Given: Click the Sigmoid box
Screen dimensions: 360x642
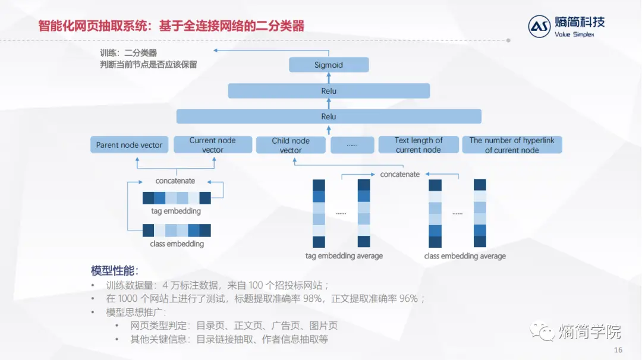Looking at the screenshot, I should click(329, 65).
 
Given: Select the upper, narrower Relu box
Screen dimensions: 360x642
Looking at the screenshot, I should click(329, 91).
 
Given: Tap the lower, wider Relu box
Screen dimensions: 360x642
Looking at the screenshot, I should click(329, 116).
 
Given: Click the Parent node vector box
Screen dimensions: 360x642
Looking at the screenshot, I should click(130, 145).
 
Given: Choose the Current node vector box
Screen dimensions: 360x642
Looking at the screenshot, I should click(212, 145).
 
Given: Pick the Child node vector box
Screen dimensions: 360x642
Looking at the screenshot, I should click(291, 145).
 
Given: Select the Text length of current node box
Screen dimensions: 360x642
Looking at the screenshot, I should click(418, 145).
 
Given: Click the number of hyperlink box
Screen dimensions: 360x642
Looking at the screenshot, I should click(512, 145).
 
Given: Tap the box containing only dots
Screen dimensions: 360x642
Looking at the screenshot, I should click(352, 145).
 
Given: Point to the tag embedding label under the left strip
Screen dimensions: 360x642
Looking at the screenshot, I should click(176, 211).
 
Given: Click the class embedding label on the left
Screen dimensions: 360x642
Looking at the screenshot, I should click(177, 244).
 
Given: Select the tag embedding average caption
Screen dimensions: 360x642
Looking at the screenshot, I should click(344, 256).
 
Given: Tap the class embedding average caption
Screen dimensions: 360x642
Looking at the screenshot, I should click(465, 256).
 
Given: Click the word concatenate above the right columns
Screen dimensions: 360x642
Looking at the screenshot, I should click(400, 175).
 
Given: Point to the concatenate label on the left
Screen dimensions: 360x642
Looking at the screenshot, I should click(175, 181).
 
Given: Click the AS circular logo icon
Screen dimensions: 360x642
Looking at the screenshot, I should click(540, 26).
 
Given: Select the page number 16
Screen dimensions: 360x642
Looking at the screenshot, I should click(618, 350).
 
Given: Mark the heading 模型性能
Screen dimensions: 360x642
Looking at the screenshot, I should click(115, 271).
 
